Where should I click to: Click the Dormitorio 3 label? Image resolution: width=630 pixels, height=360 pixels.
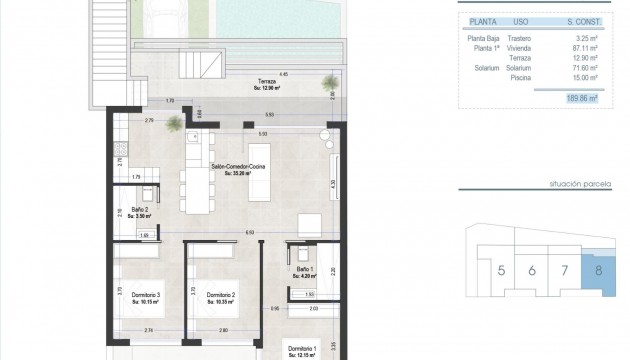145,296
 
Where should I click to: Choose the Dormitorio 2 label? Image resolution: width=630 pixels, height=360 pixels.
220,296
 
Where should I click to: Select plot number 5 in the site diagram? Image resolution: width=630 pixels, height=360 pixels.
501,270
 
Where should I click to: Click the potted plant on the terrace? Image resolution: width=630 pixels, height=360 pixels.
175,123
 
